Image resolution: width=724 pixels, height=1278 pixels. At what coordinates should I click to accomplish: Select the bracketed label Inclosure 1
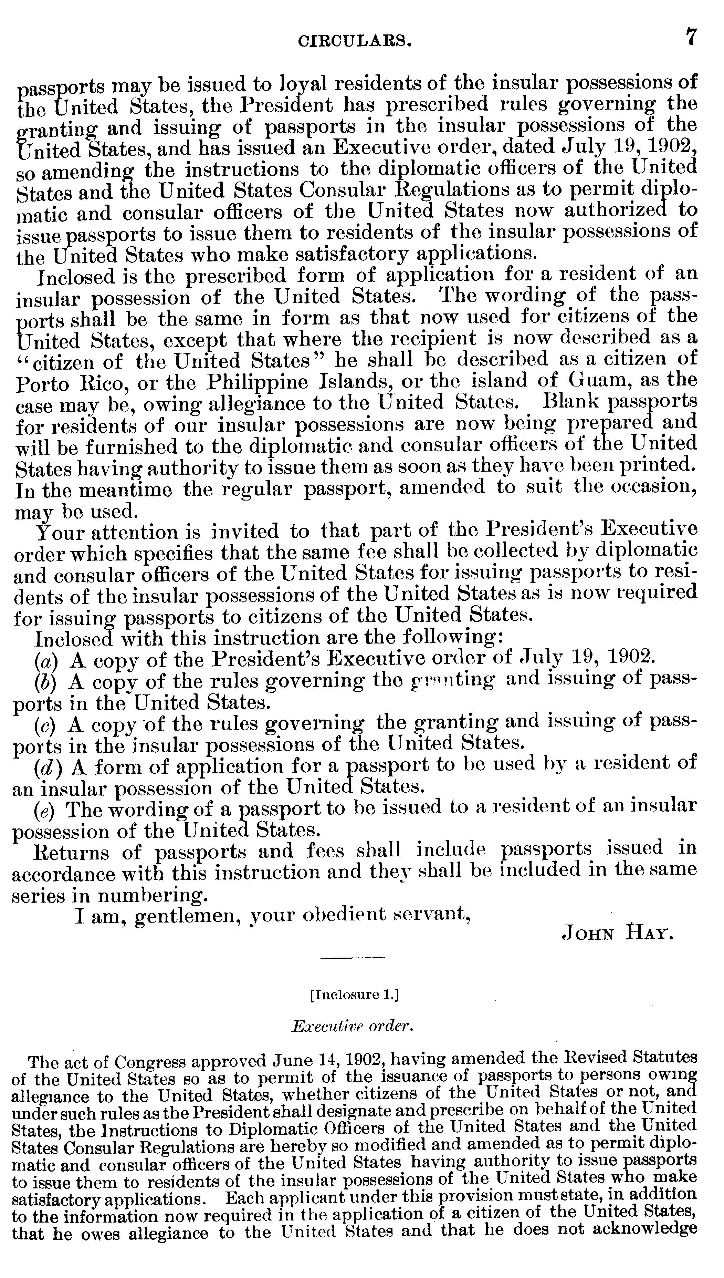(354, 994)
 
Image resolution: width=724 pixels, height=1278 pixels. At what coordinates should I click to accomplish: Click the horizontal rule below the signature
(353, 958)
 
